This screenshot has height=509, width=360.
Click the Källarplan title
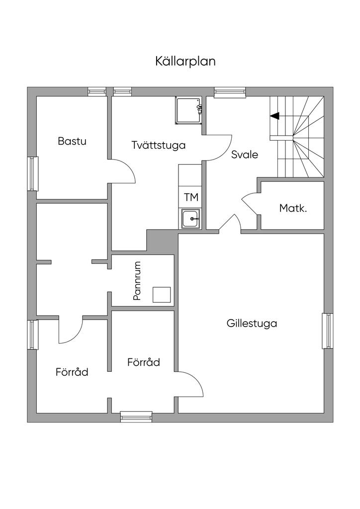(185, 61)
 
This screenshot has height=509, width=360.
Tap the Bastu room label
(72, 141)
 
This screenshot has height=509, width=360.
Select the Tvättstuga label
(159, 145)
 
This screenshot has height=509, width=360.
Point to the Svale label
(245, 154)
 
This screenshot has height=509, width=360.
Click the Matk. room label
(293, 208)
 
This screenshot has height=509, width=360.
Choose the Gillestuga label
(252, 323)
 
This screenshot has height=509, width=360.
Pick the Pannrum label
(137, 280)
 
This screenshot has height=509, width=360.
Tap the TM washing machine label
(191, 197)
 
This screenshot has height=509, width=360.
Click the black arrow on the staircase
(274, 115)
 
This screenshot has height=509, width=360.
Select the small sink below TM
(190, 219)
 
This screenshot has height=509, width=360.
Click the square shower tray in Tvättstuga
(189, 111)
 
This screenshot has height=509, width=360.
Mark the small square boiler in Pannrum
(162, 295)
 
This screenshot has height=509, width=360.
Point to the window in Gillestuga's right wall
(328, 331)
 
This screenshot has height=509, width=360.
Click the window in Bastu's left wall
(33, 173)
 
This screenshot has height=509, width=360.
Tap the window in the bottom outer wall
(136, 417)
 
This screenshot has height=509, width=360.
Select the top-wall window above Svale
(230, 92)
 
